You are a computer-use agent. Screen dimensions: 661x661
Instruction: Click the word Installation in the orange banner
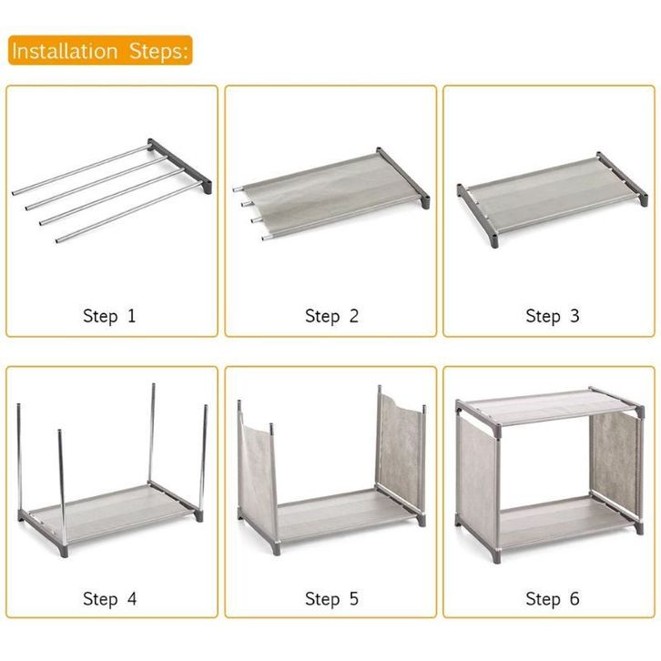[65, 51]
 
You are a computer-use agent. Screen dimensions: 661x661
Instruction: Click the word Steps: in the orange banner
[158, 51]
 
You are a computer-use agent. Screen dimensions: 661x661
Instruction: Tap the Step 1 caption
[109, 316]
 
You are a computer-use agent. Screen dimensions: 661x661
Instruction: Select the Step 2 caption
[331, 316]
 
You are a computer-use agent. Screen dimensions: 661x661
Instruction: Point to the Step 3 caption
[553, 316]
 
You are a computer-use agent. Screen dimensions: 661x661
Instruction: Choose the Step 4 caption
[109, 599]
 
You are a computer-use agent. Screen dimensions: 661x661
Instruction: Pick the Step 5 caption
[331, 599]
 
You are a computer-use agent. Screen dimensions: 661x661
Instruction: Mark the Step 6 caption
[553, 599]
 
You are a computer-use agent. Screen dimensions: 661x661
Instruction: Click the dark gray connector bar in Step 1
[179, 166]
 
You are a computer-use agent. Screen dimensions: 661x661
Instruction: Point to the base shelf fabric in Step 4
[110, 512]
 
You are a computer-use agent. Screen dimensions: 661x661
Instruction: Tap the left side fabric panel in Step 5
[256, 476]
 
